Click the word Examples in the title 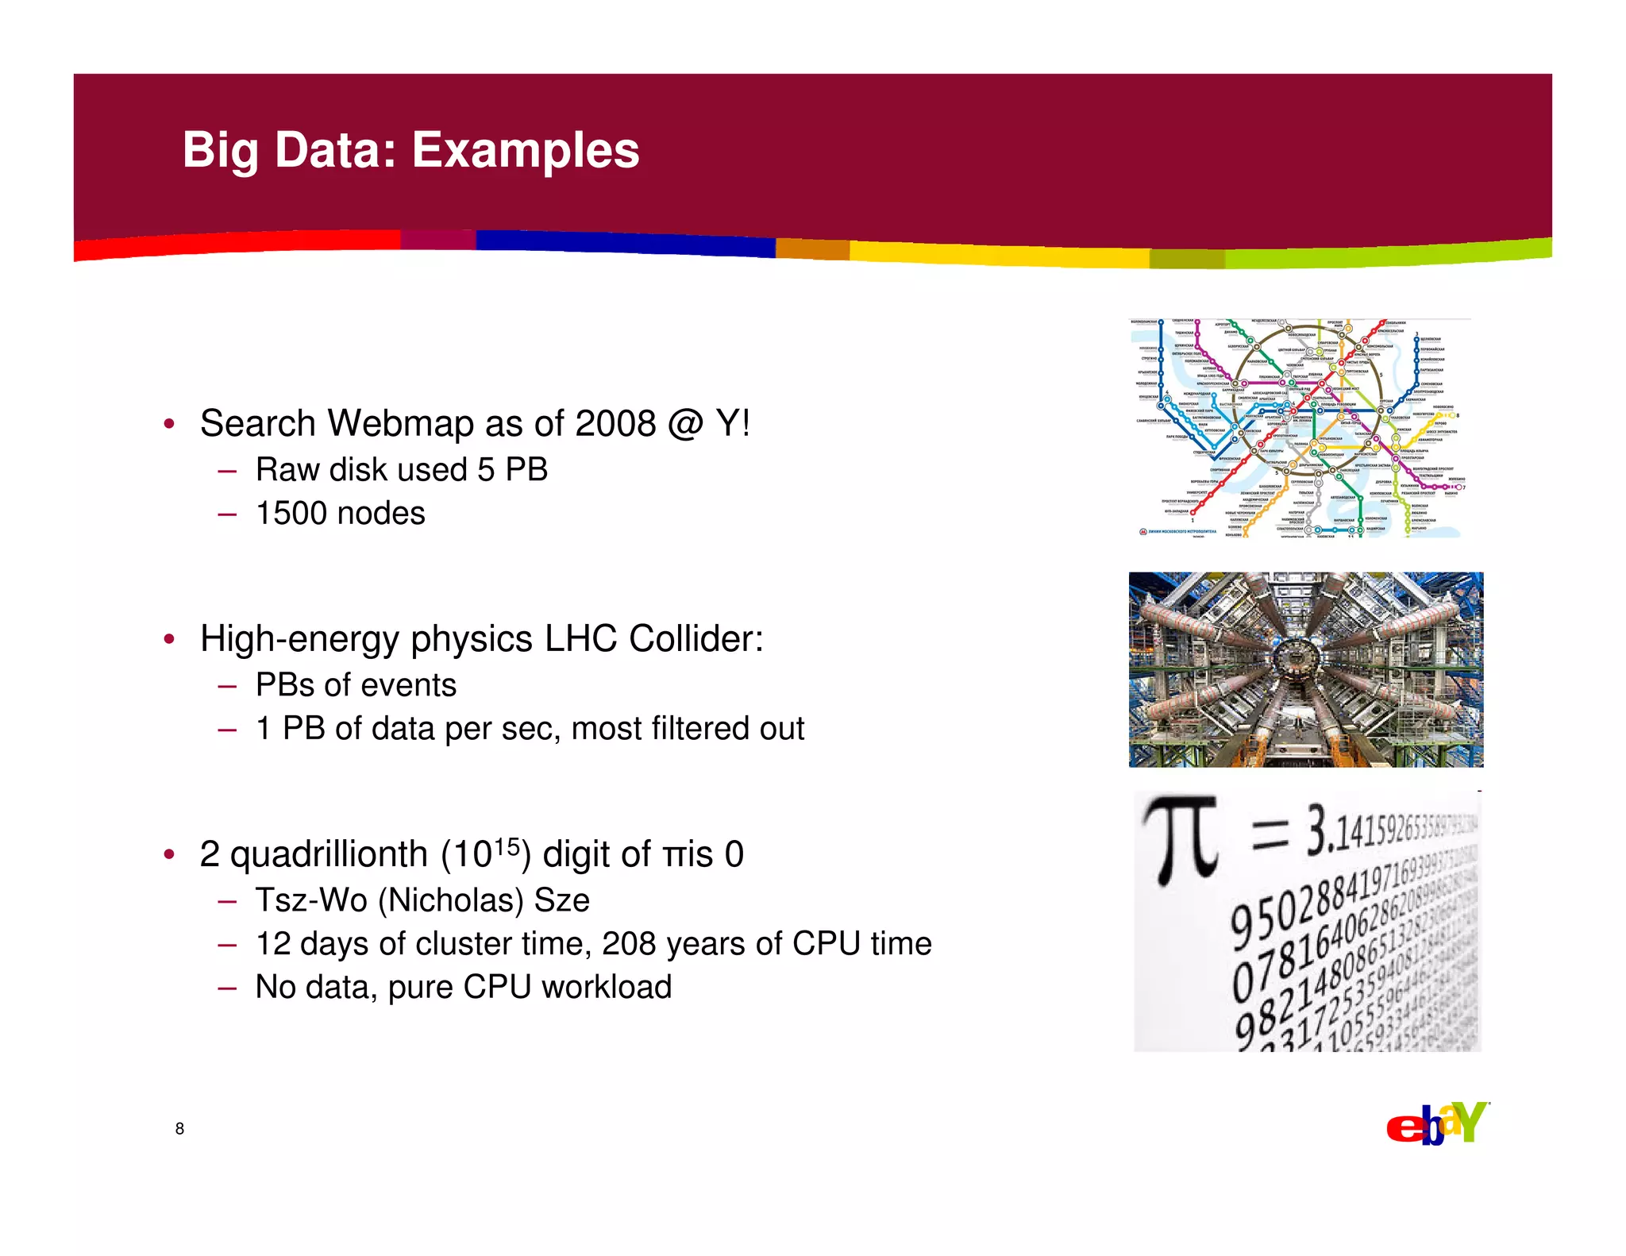coord(525,150)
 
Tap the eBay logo coord(1437,1123)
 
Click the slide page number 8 coord(179,1128)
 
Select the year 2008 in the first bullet coord(615,423)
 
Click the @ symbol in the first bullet coord(685,423)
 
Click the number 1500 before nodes coord(291,514)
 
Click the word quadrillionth coord(329,855)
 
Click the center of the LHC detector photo coord(1305,669)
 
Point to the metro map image coord(1300,428)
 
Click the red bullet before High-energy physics coord(169,639)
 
